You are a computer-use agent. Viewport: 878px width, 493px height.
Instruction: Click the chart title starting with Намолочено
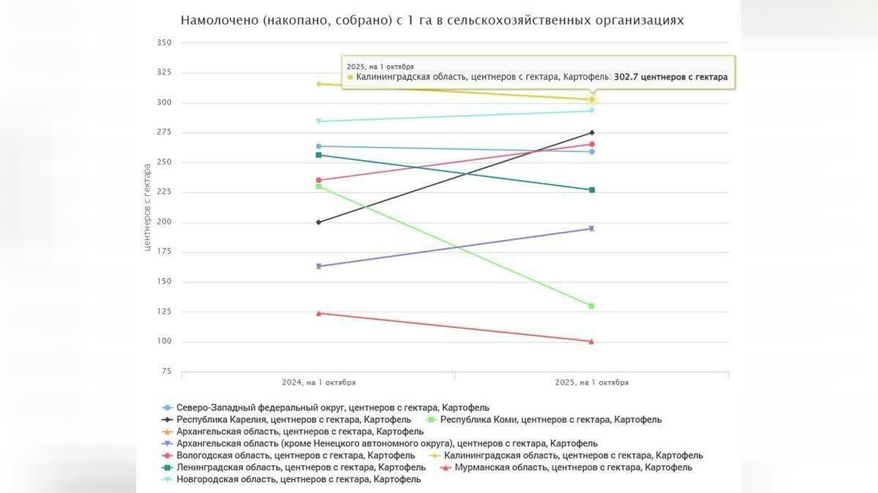(x=432, y=20)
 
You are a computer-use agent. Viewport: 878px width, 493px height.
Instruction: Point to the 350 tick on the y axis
(x=164, y=43)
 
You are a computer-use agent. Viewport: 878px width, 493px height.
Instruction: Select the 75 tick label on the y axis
(x=166, y=372)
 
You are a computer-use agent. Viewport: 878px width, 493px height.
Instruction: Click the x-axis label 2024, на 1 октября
(x=318, y=383)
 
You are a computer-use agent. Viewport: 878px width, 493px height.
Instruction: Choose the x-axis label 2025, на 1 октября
(x=591, y=383)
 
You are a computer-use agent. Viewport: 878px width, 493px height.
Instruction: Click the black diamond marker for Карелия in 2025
(x=591, y=132)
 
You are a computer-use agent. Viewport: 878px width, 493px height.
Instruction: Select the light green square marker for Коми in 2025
(x=591, y=306)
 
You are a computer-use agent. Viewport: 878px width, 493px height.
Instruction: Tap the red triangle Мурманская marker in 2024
(x=318, y=313)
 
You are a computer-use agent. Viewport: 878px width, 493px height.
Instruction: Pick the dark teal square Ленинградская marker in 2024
(x=318, y=155)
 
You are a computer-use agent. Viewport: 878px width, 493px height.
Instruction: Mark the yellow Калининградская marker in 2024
(x=318, y=84)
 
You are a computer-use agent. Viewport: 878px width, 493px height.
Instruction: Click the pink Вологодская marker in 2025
(x=591, y=144)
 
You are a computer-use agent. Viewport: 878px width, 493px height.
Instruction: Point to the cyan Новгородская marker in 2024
(x=318, y=121)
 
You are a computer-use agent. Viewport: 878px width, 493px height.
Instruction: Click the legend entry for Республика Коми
(x=549, y=420)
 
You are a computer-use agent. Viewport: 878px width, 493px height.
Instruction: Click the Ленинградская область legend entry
(x=301, y=467)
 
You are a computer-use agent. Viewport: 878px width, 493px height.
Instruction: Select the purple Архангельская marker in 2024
(x=318, y=266)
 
